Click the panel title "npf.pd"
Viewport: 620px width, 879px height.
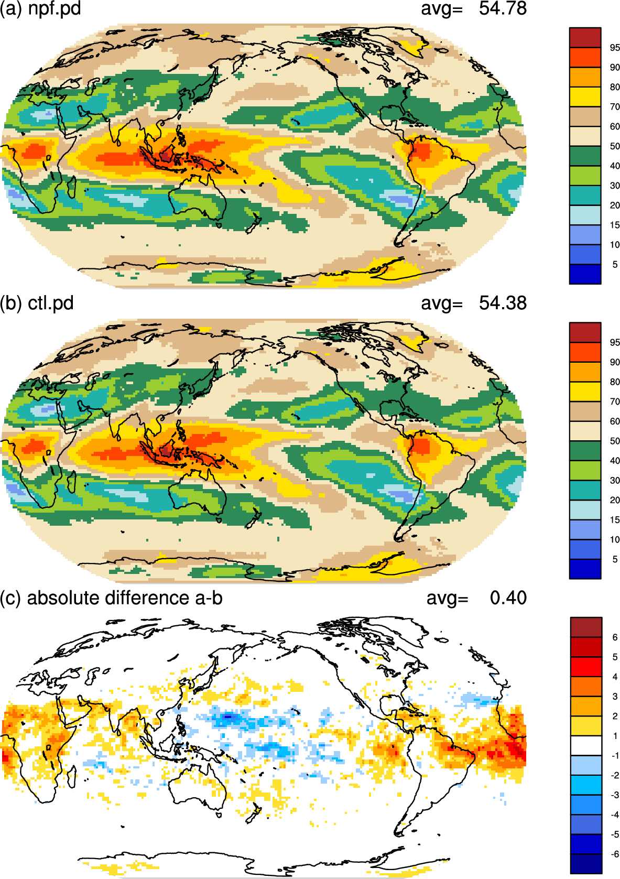pyautogui.click(x=55, y=8)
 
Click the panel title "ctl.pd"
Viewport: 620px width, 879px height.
pyautogui.click(x=51, y=303)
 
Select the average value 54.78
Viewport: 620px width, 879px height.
pyautogui.click(x=502, y=8)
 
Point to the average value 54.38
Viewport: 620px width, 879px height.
pyautogui.click(x=502, y=303)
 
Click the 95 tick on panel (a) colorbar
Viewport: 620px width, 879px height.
pyautogui.click(x=615, y=48)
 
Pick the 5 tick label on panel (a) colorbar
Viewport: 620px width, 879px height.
pyautogui.click(x=615, y=265)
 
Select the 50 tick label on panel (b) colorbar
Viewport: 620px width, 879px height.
pyautogui.click(x=615, y=441)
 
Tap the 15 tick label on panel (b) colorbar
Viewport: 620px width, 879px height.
pyautogui.click(x=615, y=519)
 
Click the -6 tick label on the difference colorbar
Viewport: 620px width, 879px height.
pyautogui.click(x=614, y=853)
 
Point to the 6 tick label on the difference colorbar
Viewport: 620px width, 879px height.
pyautogui.click(x=615, y=637)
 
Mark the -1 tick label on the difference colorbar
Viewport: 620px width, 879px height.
pyautogui.click(x=614, y=755)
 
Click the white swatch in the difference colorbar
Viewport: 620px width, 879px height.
pyautogui.click(x=585, y=745)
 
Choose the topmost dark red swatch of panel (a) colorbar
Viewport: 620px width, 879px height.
pyautogui.click(x=585, y=38)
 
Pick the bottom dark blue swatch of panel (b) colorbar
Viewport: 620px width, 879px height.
pyautogui.click(x=585, y=569)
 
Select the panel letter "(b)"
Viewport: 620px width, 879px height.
pyautogui.click(x=11, y=303)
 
